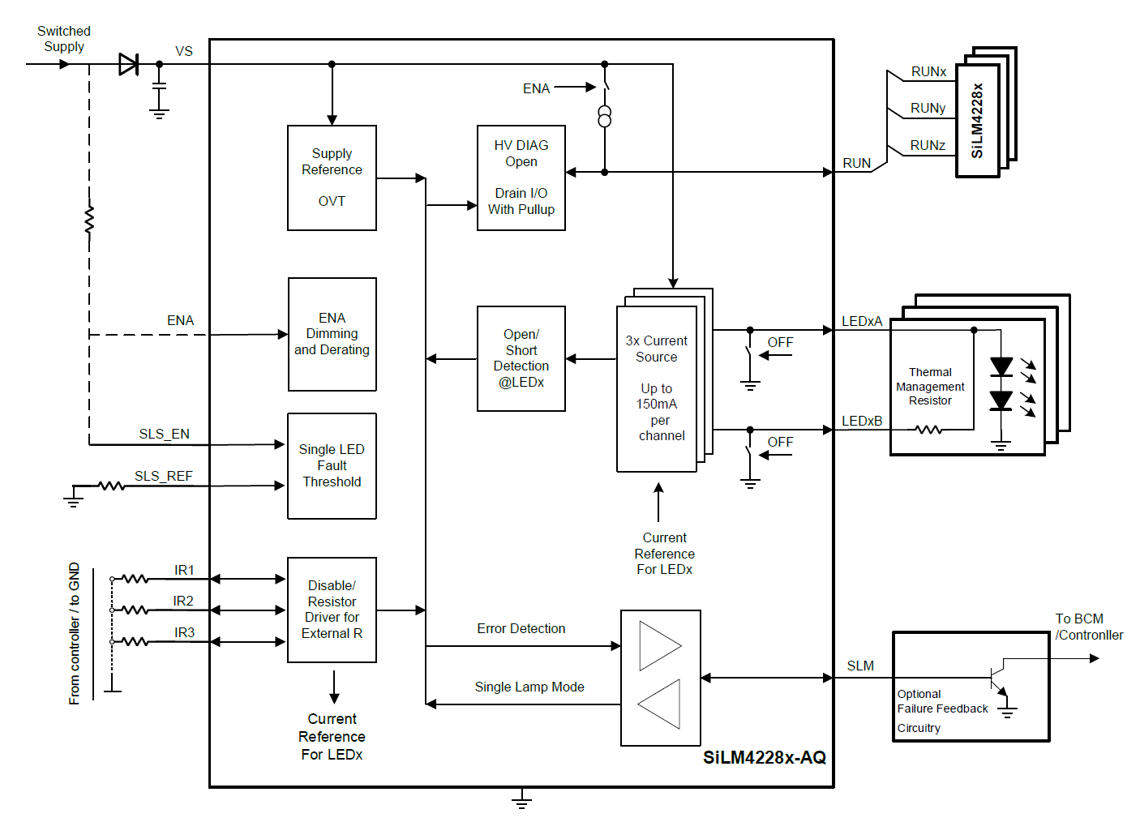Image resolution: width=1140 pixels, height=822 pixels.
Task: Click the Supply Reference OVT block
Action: [x=332, y=178]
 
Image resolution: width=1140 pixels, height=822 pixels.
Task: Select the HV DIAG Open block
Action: [x=521, y=178]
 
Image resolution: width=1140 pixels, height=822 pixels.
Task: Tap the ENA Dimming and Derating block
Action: [x=332, y=334]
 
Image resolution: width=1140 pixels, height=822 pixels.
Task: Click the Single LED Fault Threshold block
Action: [x=332, y=465]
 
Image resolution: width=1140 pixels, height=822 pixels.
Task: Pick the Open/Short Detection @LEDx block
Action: [x=521, y=358]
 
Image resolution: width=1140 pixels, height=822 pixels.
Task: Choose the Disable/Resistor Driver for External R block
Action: [x=332, y=610]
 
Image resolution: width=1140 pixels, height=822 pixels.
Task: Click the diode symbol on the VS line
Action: [x=128, y=64]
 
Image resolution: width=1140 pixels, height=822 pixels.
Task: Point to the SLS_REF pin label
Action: [x=163, y=476]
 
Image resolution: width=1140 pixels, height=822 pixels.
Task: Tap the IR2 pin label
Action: [x=183, y=601]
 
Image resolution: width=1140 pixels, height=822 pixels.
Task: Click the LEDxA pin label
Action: [x=861, y=321]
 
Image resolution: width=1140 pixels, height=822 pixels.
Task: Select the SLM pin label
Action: [x=860, y=666]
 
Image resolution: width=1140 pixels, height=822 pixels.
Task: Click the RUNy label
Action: [x=928, y=108]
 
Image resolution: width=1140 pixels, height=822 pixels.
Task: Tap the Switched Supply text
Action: [x=64, y=39]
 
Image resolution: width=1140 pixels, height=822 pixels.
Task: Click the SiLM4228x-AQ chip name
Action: [x=764, y=757]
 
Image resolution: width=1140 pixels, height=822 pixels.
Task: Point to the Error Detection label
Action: [x=521, y=628]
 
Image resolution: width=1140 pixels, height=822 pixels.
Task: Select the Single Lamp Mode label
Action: [x=529, y=687]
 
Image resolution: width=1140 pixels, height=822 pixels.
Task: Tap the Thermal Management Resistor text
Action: [x=930, y=386]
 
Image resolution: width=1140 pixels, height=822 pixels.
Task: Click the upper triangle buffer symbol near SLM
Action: [x=659, y=645]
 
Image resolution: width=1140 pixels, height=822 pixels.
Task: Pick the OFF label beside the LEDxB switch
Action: [x=780, y=442]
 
